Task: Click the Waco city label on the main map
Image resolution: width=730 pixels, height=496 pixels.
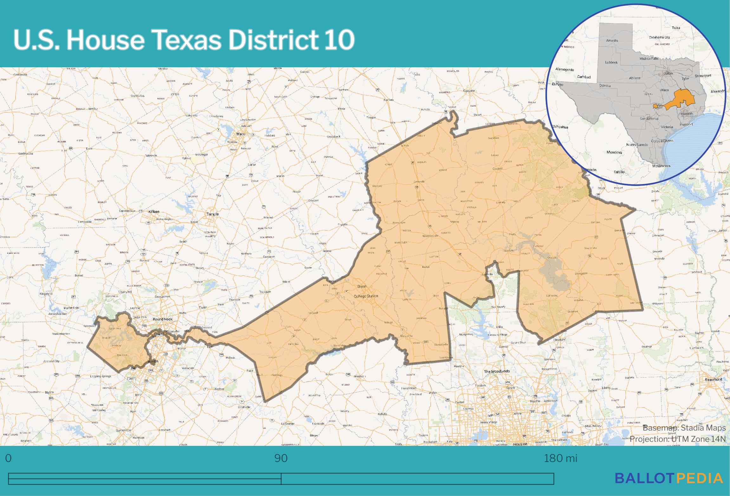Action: [241, 134]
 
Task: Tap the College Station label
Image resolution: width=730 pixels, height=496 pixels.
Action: [366, 296]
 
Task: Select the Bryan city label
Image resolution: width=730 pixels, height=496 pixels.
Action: [362, 286]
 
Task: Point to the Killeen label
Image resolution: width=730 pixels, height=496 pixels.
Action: [154, 211]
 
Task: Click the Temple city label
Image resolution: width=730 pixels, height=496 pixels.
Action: [212, 214]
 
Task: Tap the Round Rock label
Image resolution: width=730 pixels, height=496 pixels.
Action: [162, 319]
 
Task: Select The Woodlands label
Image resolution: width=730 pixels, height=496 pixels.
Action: [497, 371]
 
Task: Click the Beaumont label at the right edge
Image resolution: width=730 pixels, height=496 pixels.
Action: [714, 379]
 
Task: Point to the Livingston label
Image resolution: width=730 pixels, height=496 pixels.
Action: [581, 273]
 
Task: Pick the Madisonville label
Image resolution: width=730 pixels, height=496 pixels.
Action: [430, 236]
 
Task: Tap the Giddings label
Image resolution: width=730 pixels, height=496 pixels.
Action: [277, 375]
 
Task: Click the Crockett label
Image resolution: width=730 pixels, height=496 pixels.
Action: [498, 169]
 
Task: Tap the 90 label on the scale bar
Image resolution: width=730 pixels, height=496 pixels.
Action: [281, 458]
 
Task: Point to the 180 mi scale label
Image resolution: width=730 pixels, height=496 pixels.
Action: [560, 458]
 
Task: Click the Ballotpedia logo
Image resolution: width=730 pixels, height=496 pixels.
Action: [669, 478]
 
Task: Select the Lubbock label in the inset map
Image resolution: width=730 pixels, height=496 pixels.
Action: [611, 63]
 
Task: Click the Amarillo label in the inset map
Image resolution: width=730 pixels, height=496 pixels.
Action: [612, 41]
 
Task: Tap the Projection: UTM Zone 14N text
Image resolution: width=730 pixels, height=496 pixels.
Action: [677, 439]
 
